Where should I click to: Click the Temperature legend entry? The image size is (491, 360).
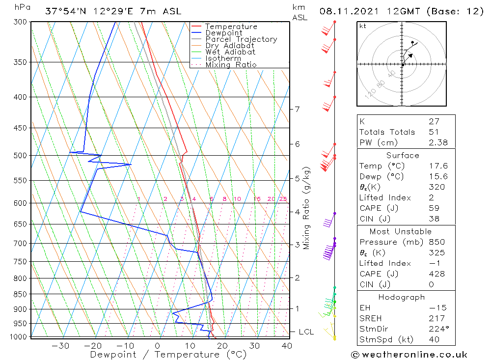(231, 27)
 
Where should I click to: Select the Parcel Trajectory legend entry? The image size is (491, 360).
(241, 39)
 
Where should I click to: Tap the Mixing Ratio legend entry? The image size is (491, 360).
(231, 65)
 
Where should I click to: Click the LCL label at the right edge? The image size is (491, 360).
(306, 332)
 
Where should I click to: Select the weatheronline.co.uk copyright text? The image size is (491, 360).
(409, 355)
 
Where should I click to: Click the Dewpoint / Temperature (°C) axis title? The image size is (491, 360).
(168, 355)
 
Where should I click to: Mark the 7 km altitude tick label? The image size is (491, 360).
(297, 109)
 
